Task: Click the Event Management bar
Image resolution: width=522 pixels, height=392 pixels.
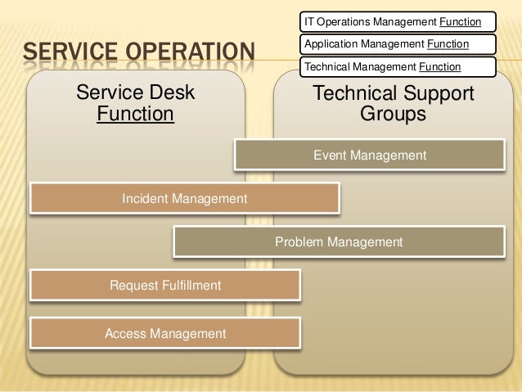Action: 369,155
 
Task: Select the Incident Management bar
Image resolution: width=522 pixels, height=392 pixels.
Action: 184,198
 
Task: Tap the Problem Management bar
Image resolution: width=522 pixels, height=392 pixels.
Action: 339,242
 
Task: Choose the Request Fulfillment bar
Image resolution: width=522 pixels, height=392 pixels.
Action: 164,286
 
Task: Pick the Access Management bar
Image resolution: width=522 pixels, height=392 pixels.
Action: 164,333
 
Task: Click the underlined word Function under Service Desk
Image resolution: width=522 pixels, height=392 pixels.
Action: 135,114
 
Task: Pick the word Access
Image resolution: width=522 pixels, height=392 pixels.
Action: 125,333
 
